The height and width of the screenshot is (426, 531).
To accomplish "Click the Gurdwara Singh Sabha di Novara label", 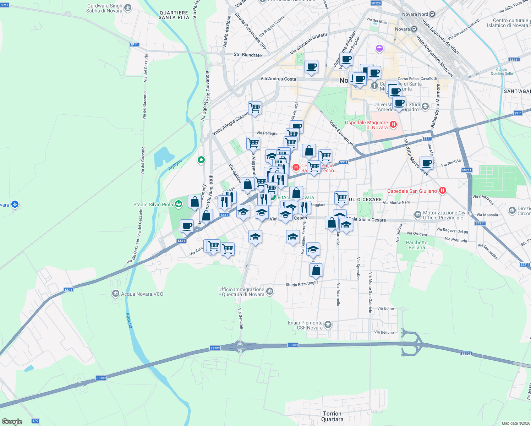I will pos(104,9).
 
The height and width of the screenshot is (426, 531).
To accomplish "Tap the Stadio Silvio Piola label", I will pos(153,204).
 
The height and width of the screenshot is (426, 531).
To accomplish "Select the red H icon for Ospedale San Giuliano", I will pos(442,191).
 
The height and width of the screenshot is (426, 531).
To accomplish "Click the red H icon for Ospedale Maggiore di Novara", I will pos(393,124).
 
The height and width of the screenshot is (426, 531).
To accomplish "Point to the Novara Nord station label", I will pos(415,14).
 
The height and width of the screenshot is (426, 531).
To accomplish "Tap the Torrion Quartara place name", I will pos(332,416).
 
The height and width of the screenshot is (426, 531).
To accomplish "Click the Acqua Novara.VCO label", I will pos(142,294).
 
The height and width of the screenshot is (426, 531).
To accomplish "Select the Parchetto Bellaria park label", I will pos(417,245).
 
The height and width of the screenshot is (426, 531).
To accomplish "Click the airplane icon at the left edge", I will pos(15,204).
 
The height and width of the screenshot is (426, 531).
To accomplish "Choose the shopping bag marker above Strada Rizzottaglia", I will pos(316,270).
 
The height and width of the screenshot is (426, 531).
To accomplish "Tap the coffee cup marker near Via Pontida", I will pos(426,163).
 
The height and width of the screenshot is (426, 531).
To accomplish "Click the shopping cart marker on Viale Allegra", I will pos(255,108).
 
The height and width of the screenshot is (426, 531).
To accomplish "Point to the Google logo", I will pos(12,421).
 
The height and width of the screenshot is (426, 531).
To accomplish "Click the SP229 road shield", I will pos(376,3).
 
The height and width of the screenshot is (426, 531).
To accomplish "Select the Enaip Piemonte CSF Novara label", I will pos(305,325).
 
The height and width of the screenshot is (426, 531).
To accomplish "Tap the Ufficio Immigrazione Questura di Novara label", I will pos(241,292).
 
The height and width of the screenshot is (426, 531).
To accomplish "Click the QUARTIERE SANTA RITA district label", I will pos(174,15).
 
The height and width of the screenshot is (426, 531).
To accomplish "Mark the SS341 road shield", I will pos(514,60).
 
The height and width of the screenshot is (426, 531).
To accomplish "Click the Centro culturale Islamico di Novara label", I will pos(507,23).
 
